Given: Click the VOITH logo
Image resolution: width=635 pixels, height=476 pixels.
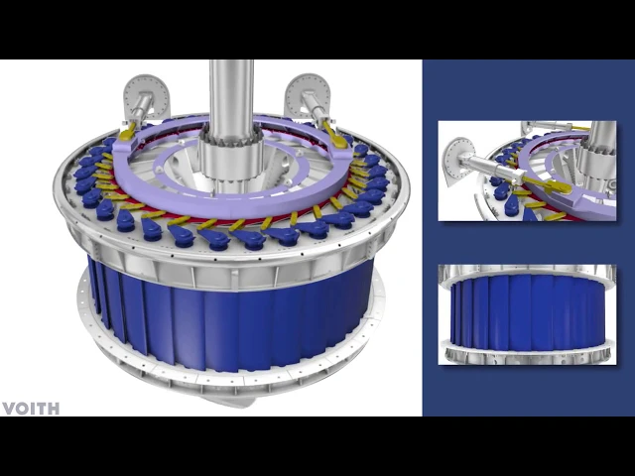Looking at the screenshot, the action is [31, 409].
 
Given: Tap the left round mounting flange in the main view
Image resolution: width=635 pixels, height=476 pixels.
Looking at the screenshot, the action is [145, 95].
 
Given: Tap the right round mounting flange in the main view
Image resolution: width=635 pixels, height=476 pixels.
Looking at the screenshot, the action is [309, 95].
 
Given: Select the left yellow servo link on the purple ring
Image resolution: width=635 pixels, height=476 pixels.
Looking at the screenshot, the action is [128, 132].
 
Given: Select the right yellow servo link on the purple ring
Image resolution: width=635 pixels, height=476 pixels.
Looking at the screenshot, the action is [335, 135].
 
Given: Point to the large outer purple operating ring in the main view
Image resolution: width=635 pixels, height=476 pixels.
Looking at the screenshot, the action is [231, 202].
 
